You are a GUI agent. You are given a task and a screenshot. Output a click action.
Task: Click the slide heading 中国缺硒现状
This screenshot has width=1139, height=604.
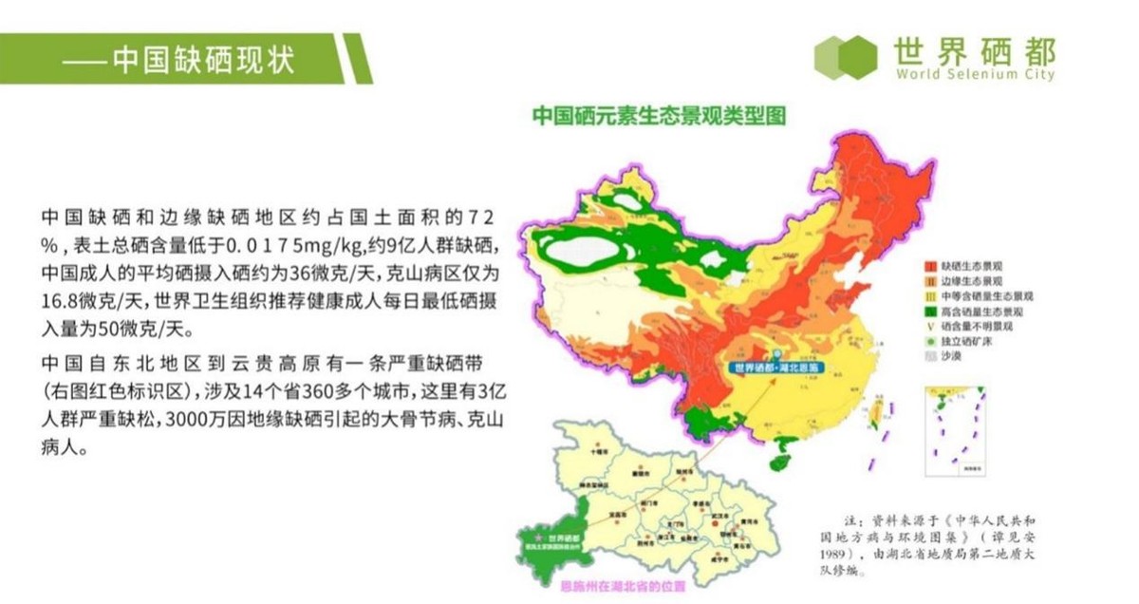[x=203, y=60]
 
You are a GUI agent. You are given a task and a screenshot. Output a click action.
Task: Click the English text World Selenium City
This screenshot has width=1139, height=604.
[x=974, y=75]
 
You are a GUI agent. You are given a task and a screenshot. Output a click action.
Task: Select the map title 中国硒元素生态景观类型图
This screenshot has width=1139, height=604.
[x=660, y=116]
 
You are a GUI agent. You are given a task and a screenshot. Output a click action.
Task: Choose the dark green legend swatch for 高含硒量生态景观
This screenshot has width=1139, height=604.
[x=932, y=311]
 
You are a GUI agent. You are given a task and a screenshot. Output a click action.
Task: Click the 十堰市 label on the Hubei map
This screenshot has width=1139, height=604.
[x=597, y=453]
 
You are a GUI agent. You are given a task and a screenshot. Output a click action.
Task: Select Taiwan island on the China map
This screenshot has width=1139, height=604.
[x=879, y=411]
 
